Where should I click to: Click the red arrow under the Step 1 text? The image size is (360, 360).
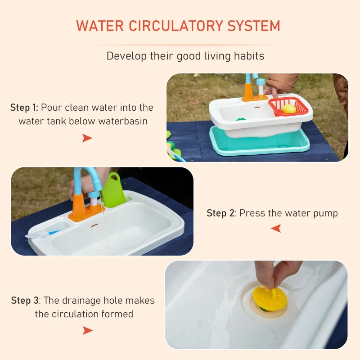87,138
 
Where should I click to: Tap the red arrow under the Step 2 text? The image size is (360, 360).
276,229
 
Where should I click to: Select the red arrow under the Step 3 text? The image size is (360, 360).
87,331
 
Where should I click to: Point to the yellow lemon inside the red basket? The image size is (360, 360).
289,108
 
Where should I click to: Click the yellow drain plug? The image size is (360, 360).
269,297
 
